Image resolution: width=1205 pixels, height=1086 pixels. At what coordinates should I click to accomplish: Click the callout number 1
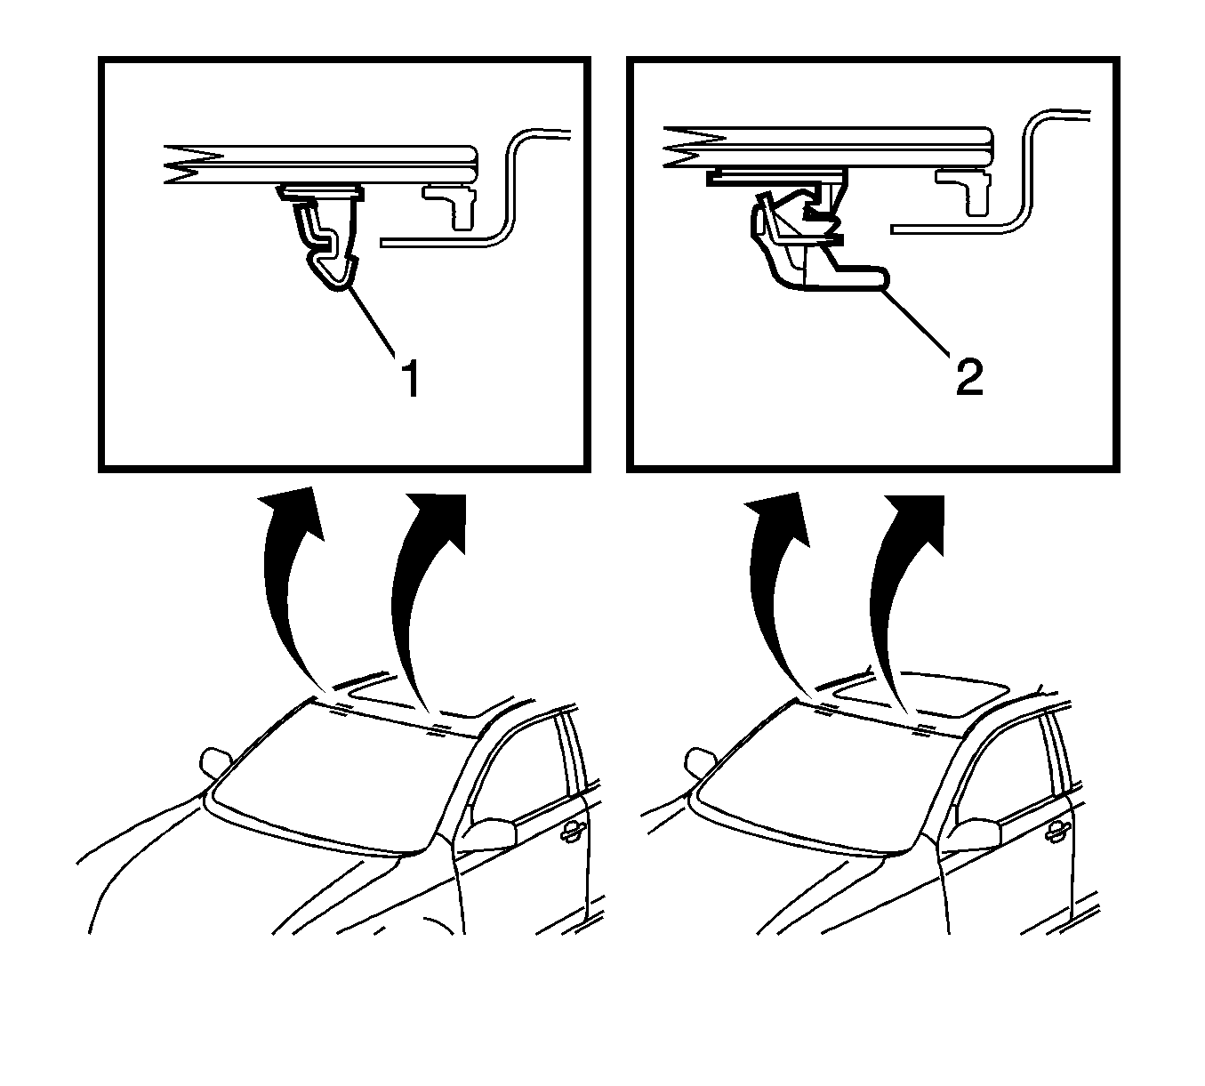(x=412, y=377)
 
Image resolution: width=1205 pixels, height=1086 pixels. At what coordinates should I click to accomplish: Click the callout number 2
(x=969, y=377)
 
